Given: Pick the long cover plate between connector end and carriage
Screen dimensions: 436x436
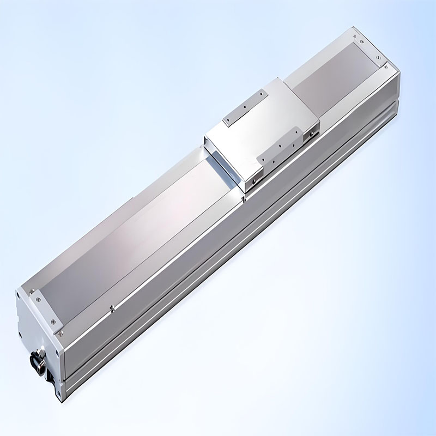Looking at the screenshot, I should [136, 240].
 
